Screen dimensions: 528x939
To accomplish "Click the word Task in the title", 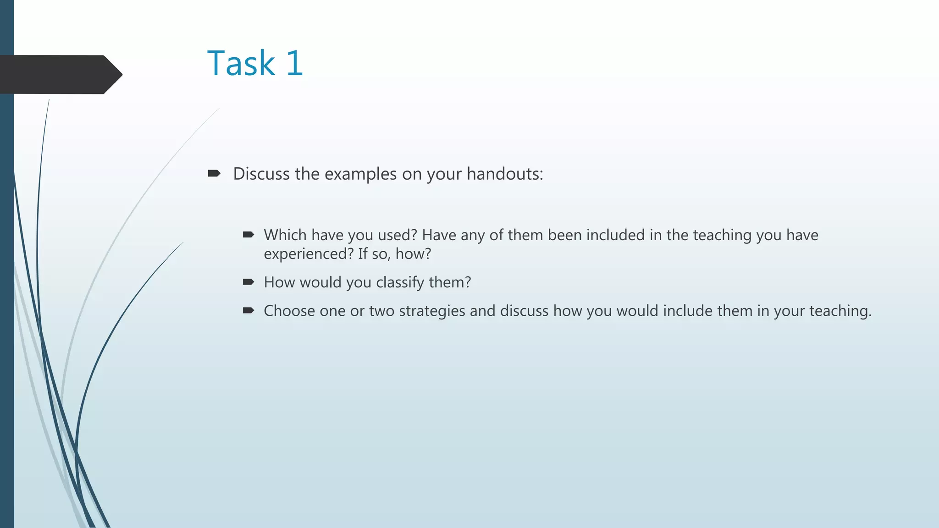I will pyautogui.click(x=241, y=63).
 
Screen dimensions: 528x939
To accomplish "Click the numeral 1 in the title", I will pyautogui.click(x=295, y=63).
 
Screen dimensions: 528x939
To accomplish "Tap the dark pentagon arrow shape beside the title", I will pyautogui.click(x=60, y=75).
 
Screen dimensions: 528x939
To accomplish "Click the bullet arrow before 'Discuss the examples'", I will pyautogui.click(x=214, y=173).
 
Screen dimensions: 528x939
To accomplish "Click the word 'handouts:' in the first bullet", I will pyautogui.click(x=505, y=174).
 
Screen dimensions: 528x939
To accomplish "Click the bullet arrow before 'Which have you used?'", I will pyautogui.click(x=249, y=235).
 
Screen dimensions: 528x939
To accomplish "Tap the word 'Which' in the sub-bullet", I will pyautogui.click(x=285, y=235).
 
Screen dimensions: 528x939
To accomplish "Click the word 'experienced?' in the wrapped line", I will pyautogui.click(x=309, y=254).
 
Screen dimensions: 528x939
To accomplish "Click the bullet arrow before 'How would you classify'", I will pyautogui.click(x=249, y=282).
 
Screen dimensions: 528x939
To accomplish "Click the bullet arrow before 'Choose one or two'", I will pyautogui.click(x=249, y=311).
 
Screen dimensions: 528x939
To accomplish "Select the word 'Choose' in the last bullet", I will pyautogui.click(x=289, y=311).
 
